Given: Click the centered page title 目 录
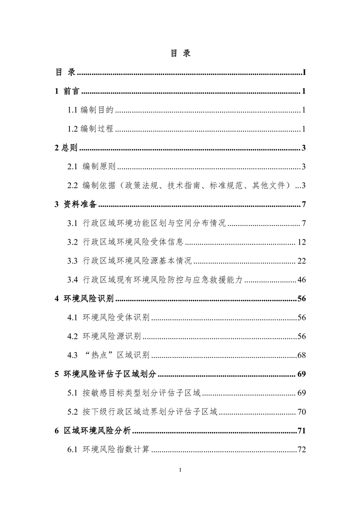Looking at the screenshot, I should click(x=180, y=53).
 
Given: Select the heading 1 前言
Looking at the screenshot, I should click(x=67, y=91).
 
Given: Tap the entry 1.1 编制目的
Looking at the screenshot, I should click(x=90, y=110).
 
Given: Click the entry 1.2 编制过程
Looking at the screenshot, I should click(x=90, y=129).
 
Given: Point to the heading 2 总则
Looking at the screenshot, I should click(x=66, y=148).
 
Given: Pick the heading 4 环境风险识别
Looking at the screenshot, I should click(x=84, y=299).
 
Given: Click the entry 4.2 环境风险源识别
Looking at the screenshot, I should click(x=104, y=336).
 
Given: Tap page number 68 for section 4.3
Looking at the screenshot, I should click(x=302, y=355).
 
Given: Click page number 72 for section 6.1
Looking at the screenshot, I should click(x=302, y=450).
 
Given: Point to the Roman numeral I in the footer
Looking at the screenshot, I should click(x=180, y=470).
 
